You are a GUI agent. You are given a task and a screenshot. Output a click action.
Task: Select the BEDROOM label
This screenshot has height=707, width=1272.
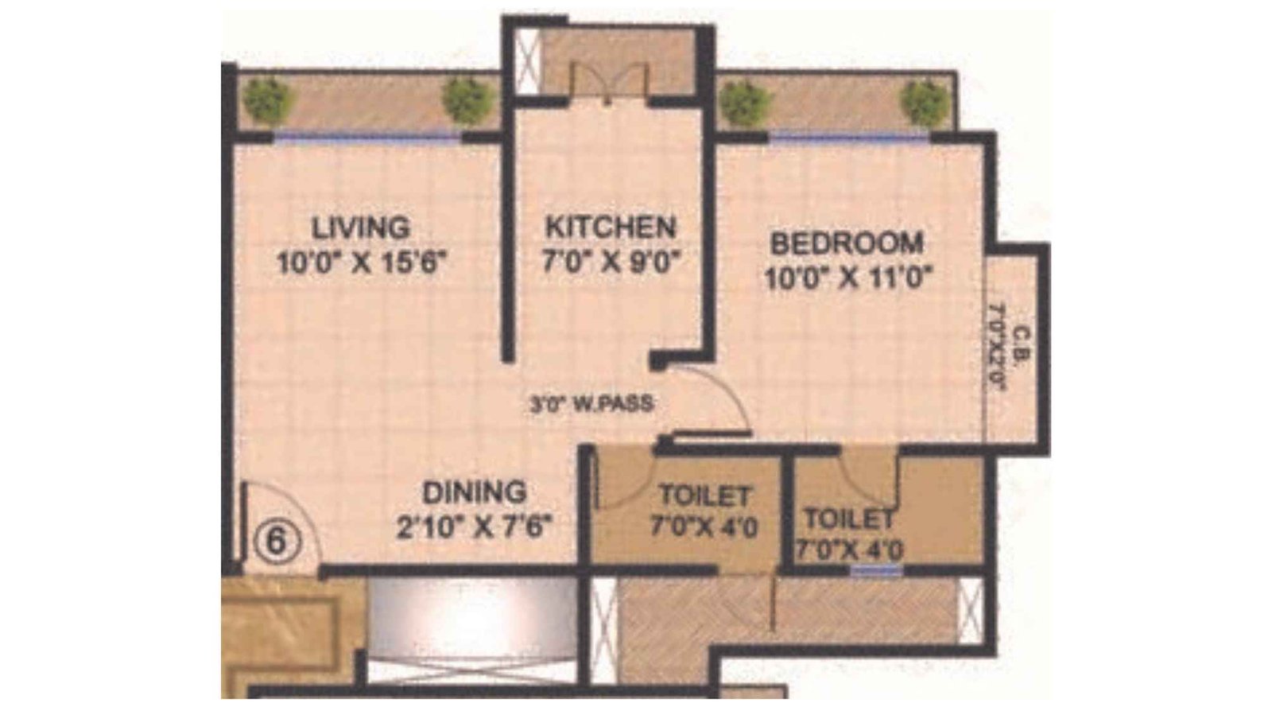point(847,243)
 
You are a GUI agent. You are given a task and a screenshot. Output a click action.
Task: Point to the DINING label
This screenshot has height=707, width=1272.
point(474,492)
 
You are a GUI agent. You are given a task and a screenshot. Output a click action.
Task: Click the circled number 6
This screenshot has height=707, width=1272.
point(275,543)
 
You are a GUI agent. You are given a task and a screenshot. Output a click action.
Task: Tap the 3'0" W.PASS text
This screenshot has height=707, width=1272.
point(592,404)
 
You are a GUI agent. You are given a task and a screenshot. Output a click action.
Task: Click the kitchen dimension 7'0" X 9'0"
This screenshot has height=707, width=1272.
point(613,262)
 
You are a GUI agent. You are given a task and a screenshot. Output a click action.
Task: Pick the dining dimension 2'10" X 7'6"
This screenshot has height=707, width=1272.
point(475,526)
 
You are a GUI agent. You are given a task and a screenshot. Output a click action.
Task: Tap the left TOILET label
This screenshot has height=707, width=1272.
point(704,495)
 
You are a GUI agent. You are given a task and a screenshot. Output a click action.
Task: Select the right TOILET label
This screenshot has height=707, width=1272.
point(849,519)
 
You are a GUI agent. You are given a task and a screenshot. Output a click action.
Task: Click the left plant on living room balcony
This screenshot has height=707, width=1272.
point(267,101)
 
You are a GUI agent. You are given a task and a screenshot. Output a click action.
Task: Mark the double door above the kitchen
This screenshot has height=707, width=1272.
point(607,84)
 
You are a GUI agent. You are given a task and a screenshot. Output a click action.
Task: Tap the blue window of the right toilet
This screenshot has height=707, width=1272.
point(876,569)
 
